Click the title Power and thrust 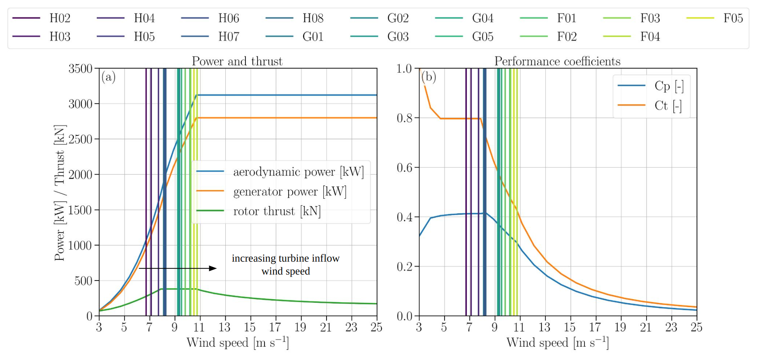click(237, 61)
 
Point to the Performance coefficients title click(557, 61)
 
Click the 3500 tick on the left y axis click(81, 69)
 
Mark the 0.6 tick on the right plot click(405, 168)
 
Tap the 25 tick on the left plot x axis click(376, 327)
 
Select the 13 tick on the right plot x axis click(545, 327)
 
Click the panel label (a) click(108, 77)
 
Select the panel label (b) click(429, 77)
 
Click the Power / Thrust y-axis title click(60, 193)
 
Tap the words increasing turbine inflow click(285, 258)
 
